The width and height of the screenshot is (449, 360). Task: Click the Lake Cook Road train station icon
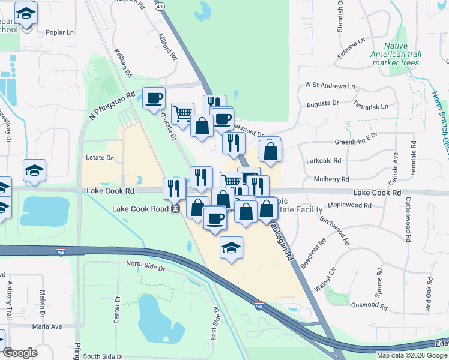[175, 209]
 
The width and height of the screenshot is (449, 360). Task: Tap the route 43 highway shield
[159, 6]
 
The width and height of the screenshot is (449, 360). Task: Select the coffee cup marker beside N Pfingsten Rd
[154, 97]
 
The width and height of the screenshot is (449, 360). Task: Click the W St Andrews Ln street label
[330, 86]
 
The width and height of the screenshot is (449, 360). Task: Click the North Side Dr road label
[145, 264]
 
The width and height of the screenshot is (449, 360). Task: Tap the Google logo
[20, 353]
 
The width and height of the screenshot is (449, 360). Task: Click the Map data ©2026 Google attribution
[411, 355]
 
